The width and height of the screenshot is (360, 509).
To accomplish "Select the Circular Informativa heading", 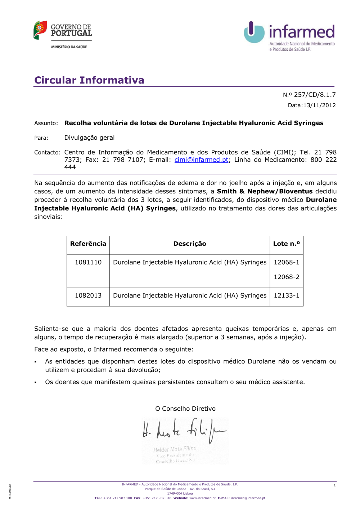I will (x=89, y=80).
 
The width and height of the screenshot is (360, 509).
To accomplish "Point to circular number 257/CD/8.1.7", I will (x=309, y=95).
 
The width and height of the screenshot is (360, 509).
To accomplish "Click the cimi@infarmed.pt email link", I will (x=201, y=159).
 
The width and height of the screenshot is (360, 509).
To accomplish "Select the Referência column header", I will (x=88, y=244).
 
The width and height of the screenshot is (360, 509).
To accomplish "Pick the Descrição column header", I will (x=190, y=244).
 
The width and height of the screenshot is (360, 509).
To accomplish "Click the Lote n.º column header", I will (x=287, y=244).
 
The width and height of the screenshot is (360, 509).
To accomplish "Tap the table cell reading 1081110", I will (x=88, y=262).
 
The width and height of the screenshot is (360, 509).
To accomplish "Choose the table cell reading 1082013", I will (x=88, y=295).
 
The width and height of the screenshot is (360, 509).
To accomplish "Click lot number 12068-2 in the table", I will (x=287, y=277).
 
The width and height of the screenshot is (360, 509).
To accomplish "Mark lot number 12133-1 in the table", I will (x=287, y=295).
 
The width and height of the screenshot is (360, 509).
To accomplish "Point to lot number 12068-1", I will (x=287, y=262).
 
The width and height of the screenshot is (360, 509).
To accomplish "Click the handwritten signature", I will (x=184, y=430).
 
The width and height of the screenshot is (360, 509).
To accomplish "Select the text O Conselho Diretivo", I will (x=185, y=409).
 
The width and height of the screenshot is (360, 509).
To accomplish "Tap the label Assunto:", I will (x=46, y=123).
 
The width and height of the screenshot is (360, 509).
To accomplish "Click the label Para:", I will (x=41, y=138).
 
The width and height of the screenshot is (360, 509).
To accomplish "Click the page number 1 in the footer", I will (x=334, y=485).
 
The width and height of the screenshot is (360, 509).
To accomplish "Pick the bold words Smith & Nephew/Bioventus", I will (x=265, y=191).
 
